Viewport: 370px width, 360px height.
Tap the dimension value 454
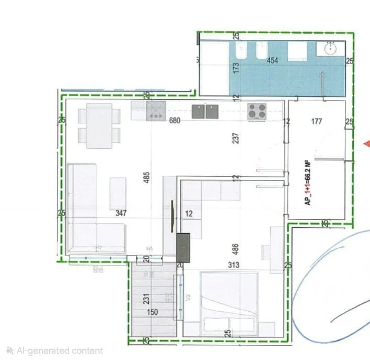point(273,60)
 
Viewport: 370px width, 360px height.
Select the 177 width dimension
point(316,122)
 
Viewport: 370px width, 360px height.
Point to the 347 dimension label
point(122,214)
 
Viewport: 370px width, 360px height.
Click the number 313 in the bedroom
point(233,266)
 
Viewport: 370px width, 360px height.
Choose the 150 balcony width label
point(153,312)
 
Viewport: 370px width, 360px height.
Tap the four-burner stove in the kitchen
point(257,111)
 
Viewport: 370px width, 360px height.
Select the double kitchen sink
point(205,111)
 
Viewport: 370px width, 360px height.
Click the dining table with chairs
point(99,125)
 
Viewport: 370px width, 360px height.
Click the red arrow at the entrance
point(366,144)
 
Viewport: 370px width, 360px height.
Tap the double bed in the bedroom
point(229,303)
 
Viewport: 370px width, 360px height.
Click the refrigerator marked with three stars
point(156,111)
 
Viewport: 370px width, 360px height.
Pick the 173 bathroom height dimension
point(236,68)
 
